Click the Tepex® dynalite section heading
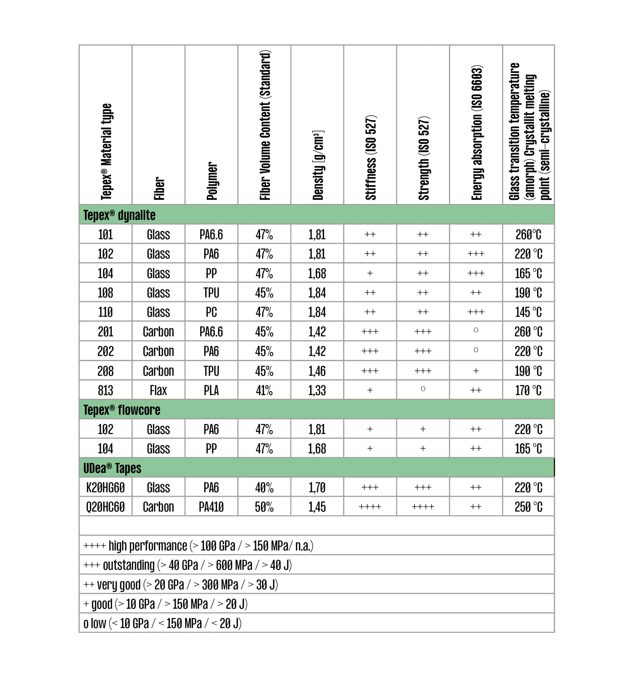(x=119, y=215)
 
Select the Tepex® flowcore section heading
(x=122, y=410)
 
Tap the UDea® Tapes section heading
(x=112, y=468)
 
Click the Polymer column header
(x=212, y=181)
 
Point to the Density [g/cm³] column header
(x=317, y=165)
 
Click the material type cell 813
(x=106, y=390)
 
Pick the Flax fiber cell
(x=158, y=390)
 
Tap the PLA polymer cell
(x=212, y=390)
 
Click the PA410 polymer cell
(x=212, y=507)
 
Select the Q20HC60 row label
(x=106, y=507)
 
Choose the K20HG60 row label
(x=106, y=487)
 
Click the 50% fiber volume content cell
(x=264, y=507)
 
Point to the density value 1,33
(x=317, y=390)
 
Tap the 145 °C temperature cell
(x=528, y=312)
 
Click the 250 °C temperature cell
(x=528, y=507)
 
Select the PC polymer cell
(x=212, y=312)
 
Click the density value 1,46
(x=317, y=371)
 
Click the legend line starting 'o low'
(x=162, y=624)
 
